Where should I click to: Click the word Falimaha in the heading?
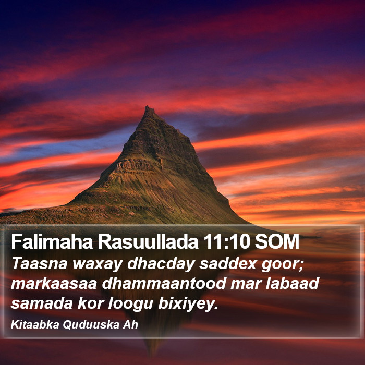[x=52, y=241]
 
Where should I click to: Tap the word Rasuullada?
[x=148, y=241]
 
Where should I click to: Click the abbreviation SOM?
[x=277, y=241]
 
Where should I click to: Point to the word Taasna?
[x=39, y=263]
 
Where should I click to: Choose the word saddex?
[x=228, y=263]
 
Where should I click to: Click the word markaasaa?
[x=54, y=283]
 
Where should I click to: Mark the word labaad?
[x=292, y=283]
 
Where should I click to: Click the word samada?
[x=42, y=303]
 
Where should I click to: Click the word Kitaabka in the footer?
[x=35, y=324]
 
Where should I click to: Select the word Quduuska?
[x=91, y=324]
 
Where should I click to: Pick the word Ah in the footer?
[x=130, y=324]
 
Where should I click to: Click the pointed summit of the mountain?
[x=148, y=107]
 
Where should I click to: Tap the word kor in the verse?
[x=90, y=303]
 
